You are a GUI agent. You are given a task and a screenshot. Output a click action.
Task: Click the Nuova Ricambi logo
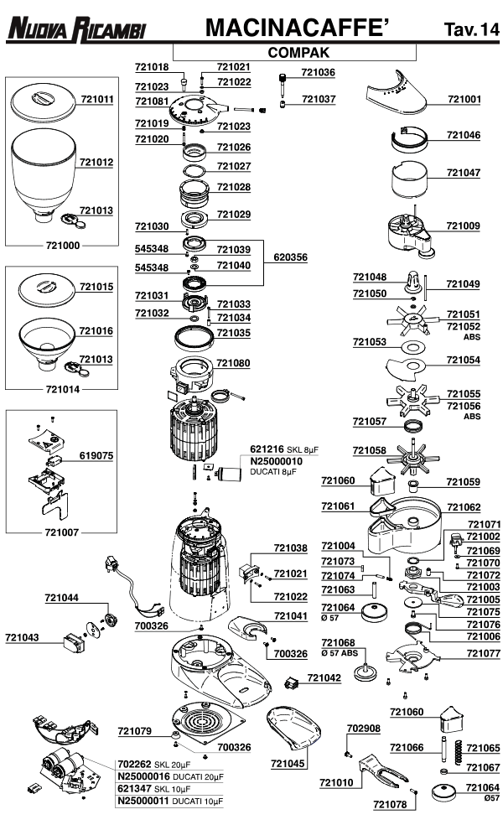(76, 29)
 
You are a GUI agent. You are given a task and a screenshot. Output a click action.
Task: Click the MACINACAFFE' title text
(297, 28)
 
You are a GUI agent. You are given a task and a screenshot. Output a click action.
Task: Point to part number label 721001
(464, 99)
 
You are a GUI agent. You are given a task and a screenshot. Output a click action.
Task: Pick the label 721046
(464, 135)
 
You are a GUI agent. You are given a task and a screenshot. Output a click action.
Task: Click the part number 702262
(135, 765)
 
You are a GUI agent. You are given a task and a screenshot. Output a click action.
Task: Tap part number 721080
(234, 363)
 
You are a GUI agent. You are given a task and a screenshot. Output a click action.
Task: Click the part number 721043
(22, 637)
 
